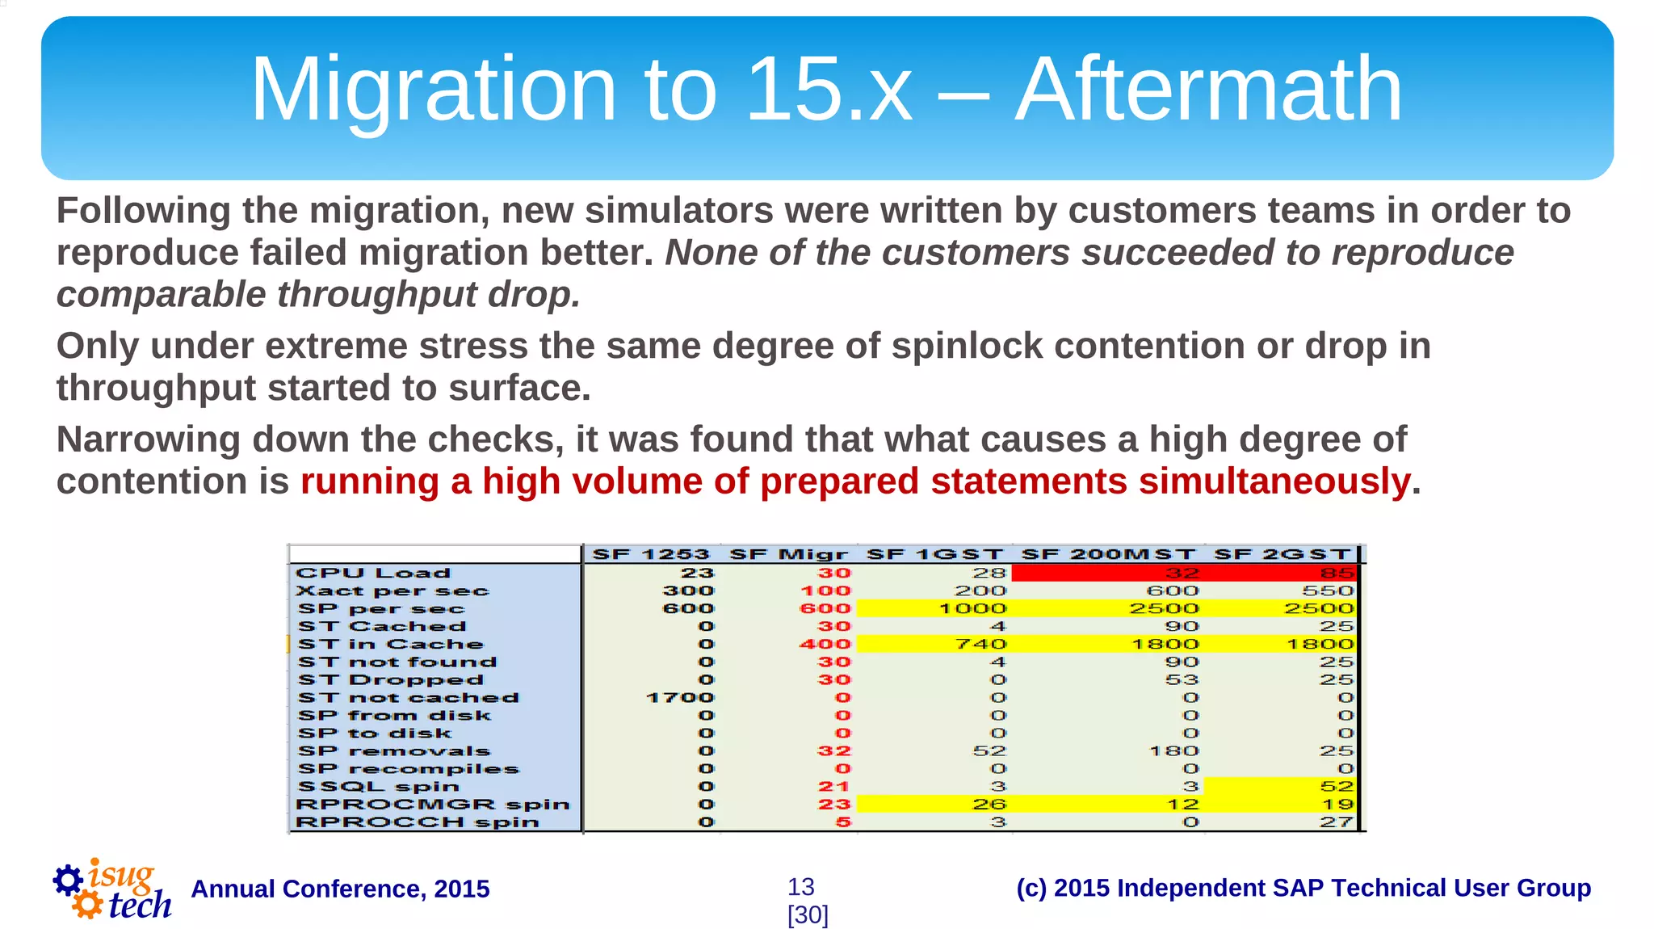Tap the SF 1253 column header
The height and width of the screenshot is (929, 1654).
coord(650,554)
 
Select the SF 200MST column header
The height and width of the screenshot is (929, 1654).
coord(1107,554)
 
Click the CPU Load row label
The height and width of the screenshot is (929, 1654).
coord(373,573)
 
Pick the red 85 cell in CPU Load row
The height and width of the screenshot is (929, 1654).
coord(1337,573)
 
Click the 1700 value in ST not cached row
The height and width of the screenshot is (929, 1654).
coord(680,697)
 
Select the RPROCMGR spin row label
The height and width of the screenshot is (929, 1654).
coord(433,804)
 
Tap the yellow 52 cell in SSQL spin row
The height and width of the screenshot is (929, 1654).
coord(1337,786)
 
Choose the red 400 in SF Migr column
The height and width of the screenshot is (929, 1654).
coord(825,644)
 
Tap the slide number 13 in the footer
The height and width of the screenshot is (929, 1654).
coord(800,887)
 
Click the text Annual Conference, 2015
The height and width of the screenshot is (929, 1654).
coord(340,889)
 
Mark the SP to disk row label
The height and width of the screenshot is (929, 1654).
coord(374,733)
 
